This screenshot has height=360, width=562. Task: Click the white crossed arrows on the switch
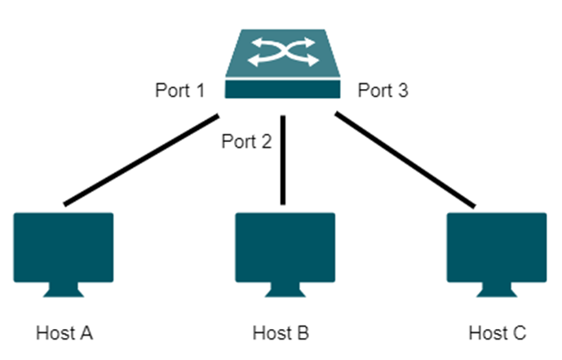point(283,53)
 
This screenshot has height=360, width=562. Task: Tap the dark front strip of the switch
point(283,91)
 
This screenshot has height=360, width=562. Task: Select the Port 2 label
point(246,141)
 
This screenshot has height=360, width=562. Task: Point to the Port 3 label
point(383,91)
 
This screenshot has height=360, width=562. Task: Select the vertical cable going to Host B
point(283,159)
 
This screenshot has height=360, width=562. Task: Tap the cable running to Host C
point(404,160)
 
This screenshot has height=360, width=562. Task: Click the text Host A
point(65,333)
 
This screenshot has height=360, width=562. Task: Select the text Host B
point(281,333)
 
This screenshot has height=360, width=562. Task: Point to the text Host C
point(497,333)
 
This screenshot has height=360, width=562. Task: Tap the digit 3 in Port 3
point(401,91)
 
